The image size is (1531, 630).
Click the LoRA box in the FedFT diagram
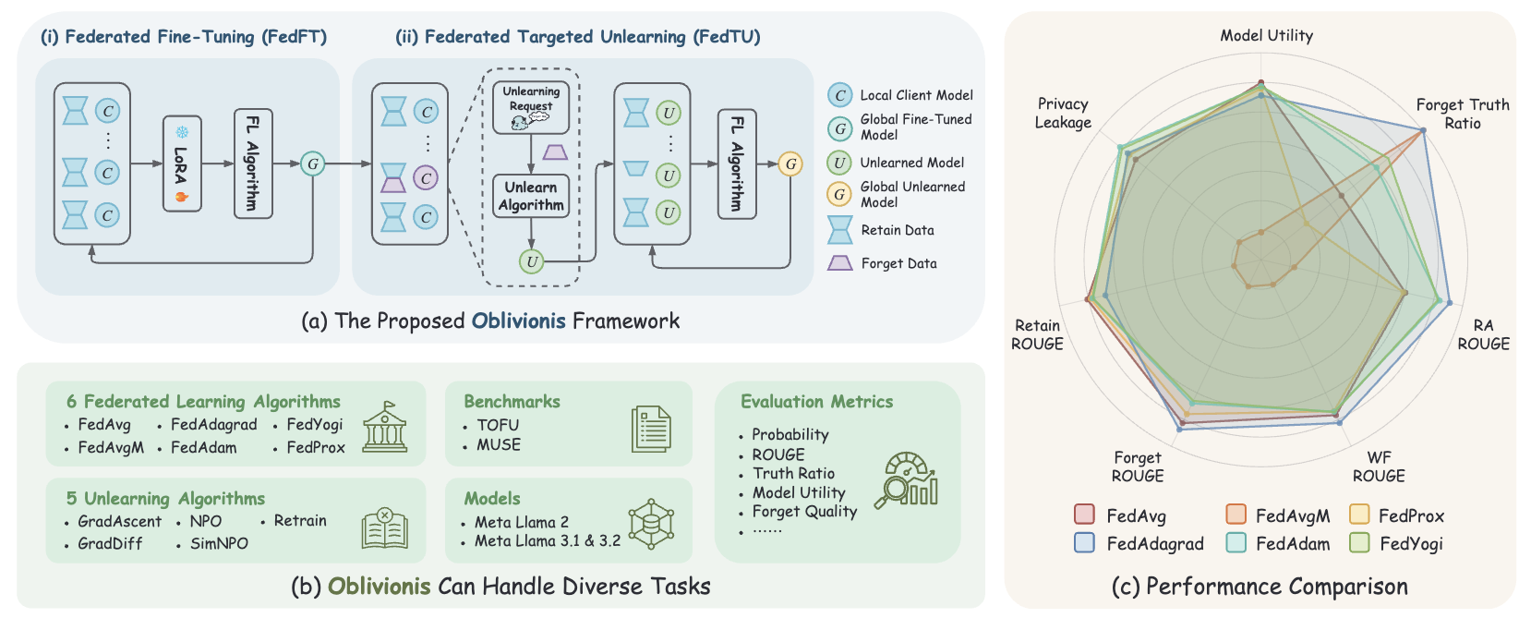182,164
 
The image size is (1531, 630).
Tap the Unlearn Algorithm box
531,196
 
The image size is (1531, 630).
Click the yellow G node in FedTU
790,164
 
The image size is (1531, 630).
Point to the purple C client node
426,177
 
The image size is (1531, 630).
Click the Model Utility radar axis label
1266,36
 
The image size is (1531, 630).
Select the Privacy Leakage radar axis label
1063,114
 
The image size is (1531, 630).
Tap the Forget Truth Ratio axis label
1463,115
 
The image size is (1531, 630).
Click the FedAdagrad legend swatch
1085,543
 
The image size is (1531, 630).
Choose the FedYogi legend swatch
1359,543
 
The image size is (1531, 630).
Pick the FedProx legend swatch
1359,515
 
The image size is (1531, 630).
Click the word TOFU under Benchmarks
498,425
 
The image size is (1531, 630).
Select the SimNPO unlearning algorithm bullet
219,543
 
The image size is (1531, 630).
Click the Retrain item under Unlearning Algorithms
300,521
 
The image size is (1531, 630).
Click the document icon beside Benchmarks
651,429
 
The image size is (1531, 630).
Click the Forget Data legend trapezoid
839,263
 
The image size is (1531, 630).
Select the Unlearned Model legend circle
839,163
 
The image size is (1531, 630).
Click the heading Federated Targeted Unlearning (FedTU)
578,37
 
